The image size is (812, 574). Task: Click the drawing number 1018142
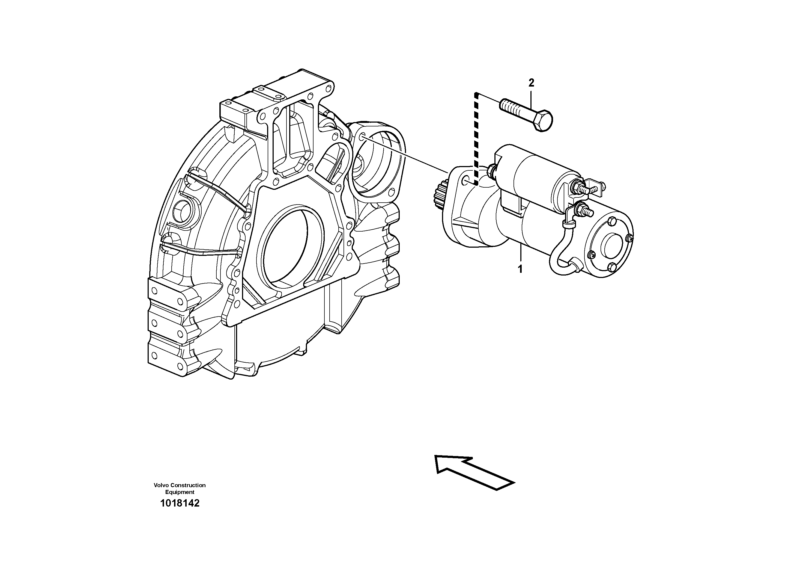(x=180, y=503)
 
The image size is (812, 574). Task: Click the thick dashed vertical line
(x=476, y=138)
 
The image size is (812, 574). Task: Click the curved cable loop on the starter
(x=559, y=260)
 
